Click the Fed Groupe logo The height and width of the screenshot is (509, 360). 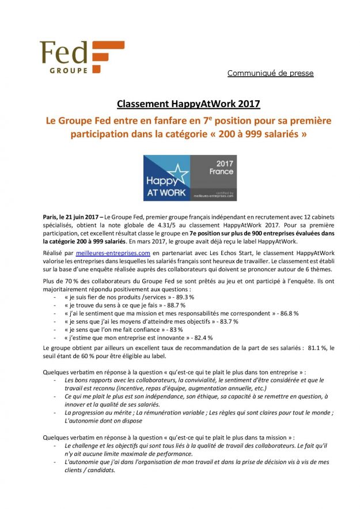click(x=81, y=56)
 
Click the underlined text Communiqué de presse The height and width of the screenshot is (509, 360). click(x=270, y=73)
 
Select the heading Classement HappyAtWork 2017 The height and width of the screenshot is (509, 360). click(x=180, y=104)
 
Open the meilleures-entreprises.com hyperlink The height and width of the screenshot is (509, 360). click(x=113, y=253)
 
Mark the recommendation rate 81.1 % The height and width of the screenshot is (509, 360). click(x=321, y=348)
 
